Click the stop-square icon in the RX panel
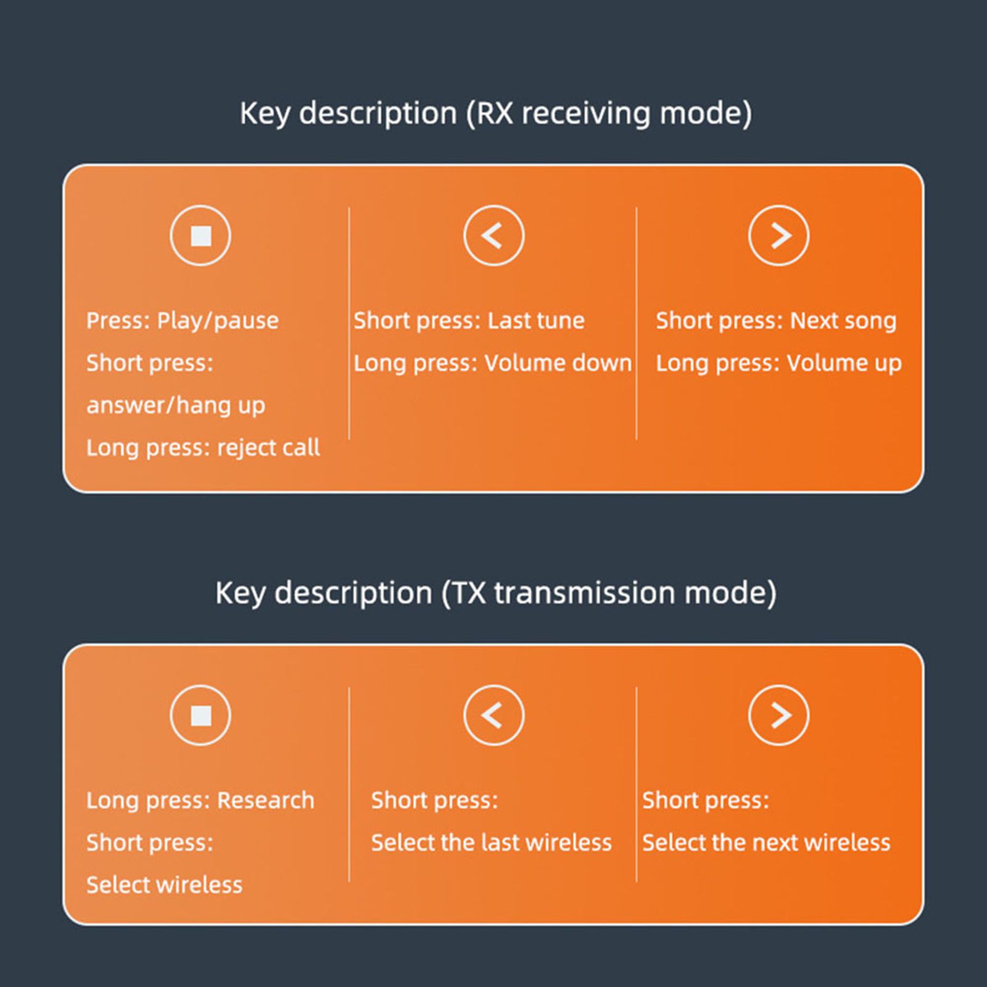(200, 236)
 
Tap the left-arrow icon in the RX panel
(493, 236)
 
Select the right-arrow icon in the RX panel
(779, 236)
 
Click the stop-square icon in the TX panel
(200, 716)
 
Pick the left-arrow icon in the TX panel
(493, 716)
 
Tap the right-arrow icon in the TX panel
(779, 716)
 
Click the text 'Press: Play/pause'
(183, 321)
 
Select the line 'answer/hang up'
(176, 406)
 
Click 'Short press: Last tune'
(469, 321)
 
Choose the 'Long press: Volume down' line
(492, 363)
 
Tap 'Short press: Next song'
(776, 321)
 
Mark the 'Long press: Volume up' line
(778, 364)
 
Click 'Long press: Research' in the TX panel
(200, 801)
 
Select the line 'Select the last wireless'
(492, 843)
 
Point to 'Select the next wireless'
(766, 843)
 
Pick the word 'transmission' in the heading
(585, 593)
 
